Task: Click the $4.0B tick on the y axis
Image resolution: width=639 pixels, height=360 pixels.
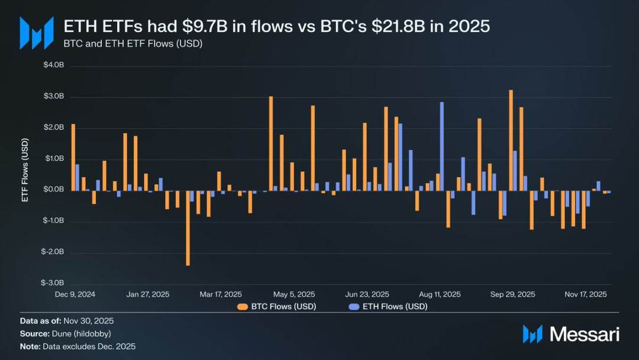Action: click(x=53, y=66)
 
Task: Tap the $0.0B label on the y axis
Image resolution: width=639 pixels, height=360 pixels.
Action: click(x=53, y=190)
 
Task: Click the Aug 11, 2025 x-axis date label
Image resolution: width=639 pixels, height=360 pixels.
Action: click(x=440, y=294)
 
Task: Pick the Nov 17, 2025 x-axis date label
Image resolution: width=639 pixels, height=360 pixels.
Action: click(x=585, y=294)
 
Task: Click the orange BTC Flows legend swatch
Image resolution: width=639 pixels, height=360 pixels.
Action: click(x=243, y=307)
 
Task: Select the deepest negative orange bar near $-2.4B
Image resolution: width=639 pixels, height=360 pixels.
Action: click(x=188, y=227)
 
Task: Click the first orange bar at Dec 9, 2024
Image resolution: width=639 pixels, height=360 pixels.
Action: click(x=73, y=157)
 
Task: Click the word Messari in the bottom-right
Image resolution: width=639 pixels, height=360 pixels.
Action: click(x=585, y=335)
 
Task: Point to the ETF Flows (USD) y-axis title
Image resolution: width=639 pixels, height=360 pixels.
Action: click(x=25, y=174)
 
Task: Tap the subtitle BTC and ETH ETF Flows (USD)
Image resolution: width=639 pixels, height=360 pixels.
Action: click(x=133, y=44)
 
